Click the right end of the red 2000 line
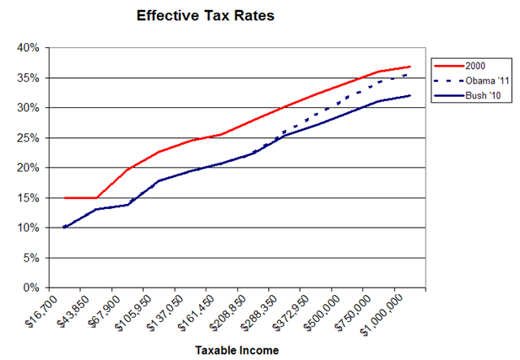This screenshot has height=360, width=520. click(x=410, y=67)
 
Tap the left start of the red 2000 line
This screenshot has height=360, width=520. click(x=64, y=197)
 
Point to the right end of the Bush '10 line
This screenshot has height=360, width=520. click(x=410, y=96)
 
